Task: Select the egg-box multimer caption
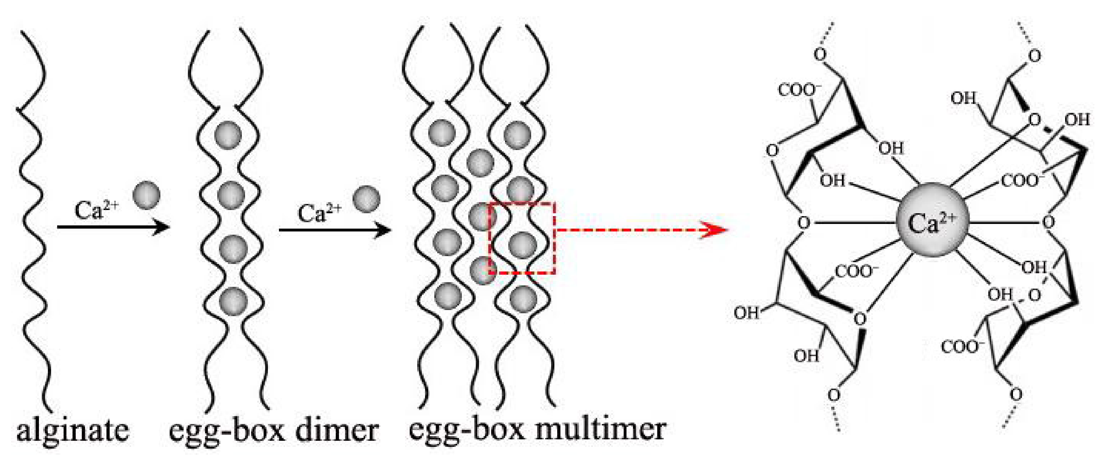pos(537,430)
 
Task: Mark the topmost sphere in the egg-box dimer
pos(229,135)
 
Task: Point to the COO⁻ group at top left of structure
pos(799,90)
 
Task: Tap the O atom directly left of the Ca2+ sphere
pos(803,223)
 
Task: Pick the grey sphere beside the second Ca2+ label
pos(366,199)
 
